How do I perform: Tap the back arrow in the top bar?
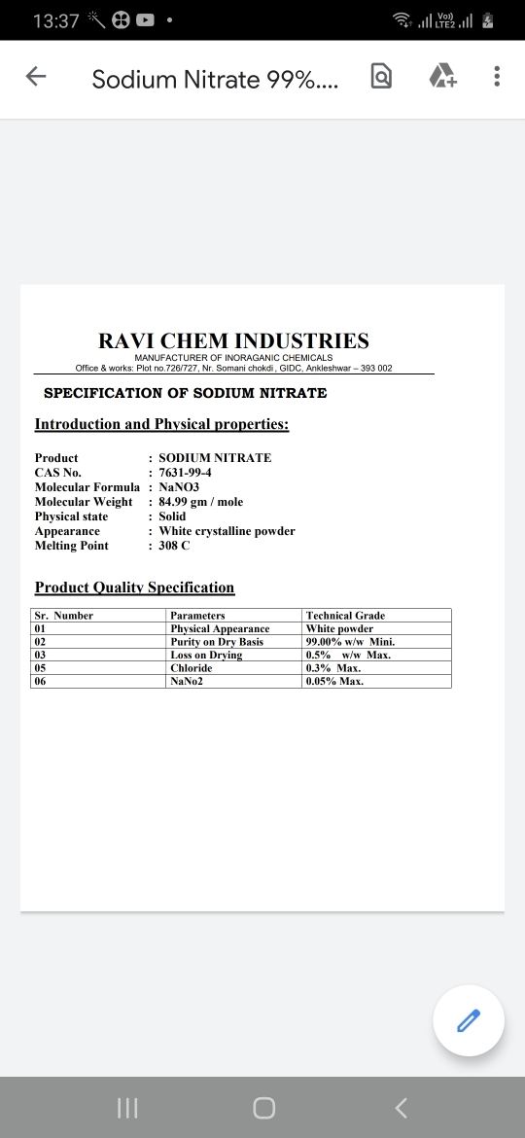(36, 78)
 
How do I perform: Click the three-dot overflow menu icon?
(497, 78)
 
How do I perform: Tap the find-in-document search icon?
(382, 78)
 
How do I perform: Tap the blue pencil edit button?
(469, 1020)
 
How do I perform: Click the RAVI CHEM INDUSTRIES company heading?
(234, 341)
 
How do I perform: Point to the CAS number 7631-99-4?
(185, 473)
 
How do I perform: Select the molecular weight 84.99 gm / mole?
(200, 502)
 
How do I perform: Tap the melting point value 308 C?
(175, 546)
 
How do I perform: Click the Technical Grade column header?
(345, 616)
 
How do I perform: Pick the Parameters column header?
(197, 616)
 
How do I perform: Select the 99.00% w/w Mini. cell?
(350, 642)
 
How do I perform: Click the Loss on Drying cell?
(206, 656)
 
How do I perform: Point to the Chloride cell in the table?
(191, 668)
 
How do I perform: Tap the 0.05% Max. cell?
(334, 682)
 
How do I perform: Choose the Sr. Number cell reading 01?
(41, 629)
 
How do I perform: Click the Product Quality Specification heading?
(135, 587)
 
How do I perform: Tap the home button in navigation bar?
(262, 1108)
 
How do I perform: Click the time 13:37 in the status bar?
(55, 20)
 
